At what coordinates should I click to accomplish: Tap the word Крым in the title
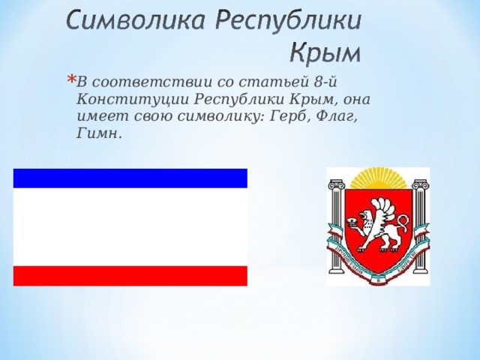point(325,53)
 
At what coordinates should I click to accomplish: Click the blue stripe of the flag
point(130,178)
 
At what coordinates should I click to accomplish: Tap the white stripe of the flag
point(130,226)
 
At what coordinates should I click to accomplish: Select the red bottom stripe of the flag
point(130,275)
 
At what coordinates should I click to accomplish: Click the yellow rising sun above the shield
point(379,178)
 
